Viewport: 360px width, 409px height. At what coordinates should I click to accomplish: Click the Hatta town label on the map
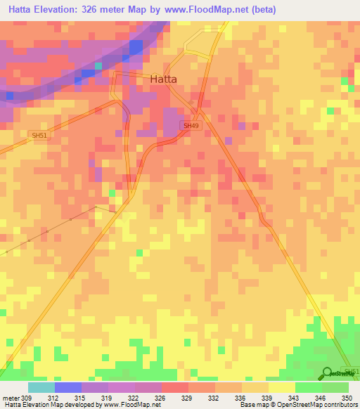[x=164, y=79]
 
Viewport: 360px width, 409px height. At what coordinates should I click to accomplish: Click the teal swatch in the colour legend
[x=41, y=387]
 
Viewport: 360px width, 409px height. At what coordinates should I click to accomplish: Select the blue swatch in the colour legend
[x=68, y=387]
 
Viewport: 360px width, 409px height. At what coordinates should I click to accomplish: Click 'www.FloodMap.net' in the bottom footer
[x=131, y=405]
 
